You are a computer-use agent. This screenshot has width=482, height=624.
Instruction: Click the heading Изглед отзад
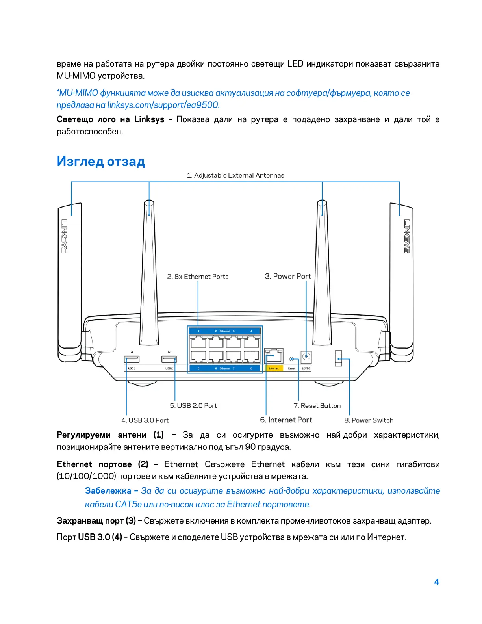[x=101, y=161]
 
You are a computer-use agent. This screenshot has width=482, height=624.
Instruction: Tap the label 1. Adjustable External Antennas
[x=235, y=175]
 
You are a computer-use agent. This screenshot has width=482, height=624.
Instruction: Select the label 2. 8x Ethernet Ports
[x=198, y=277]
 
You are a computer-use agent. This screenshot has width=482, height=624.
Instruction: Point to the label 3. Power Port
[x=287, y=276]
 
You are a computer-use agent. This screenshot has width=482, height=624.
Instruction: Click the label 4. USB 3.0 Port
[x=145, y=420]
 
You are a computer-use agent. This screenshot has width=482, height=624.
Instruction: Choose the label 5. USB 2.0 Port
[x=193, y=406]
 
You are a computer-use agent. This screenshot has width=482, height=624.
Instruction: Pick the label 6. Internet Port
[x=286, y=420]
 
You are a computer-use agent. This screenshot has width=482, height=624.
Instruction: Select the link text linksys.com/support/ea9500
[x=163, y=105]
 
